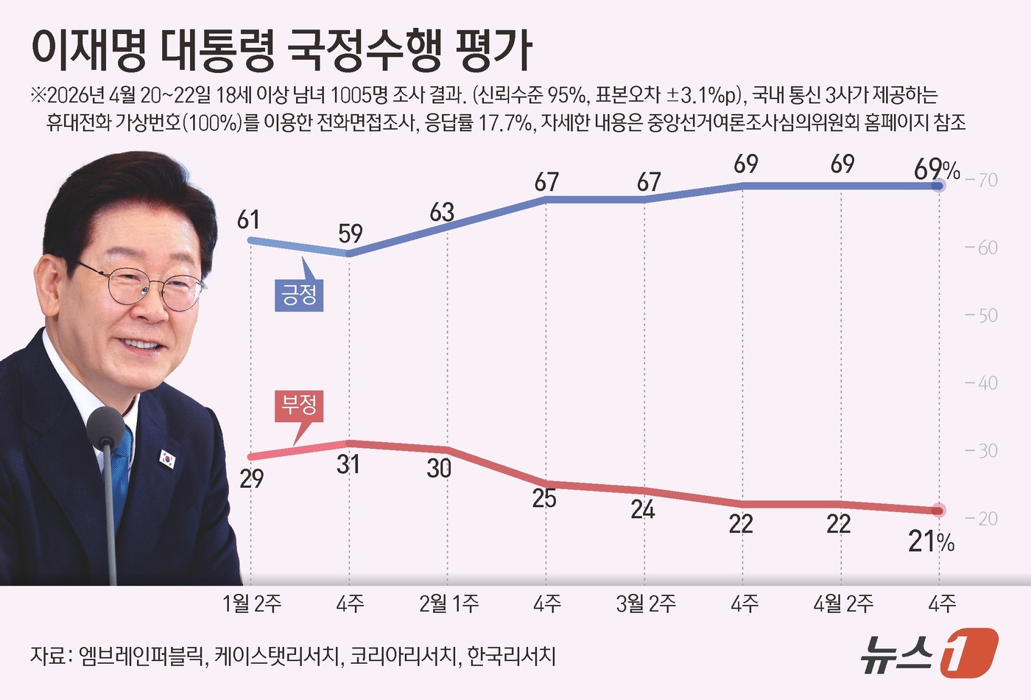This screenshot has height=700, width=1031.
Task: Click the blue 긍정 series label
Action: pyautogui.click(x=299, y=295)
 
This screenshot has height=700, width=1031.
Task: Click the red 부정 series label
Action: pyautogui.click(x=299, y=405)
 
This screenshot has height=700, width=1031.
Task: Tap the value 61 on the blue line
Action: pyautogui.click(x=248, y=220)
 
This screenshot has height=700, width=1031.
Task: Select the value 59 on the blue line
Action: pyautogui.click(x=351, y=234)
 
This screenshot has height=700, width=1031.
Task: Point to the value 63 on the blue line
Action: pyautogui.click(x=442, y=212)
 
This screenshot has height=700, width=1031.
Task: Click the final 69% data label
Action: pyautogui.click(x=936, y=169)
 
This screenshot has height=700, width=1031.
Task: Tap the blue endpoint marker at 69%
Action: pyautogui.click(x=938, y=186)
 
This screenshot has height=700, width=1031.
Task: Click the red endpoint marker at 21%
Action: pyautogui.click(x=938, y=510)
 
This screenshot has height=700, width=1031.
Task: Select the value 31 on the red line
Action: pyautogui.click(x=348, y=464)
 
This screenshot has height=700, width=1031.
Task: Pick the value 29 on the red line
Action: pyautogui.click(x=251, y=479)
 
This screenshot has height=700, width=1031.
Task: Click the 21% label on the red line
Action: pyautogui.click(x=931, y=542)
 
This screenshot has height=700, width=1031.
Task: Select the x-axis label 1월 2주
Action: pyautogui.click(x=252, y=604)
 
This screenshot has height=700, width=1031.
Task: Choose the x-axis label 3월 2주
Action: pyautogui.click(x=646, y=604)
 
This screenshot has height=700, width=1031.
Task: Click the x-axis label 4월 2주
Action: pyautogui.click(x=843, y=604)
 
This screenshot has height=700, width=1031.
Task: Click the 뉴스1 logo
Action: pyautogui.click(x=929, y=653)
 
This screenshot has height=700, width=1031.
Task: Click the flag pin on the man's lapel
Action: pyautogui.click(x=168, y=459)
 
